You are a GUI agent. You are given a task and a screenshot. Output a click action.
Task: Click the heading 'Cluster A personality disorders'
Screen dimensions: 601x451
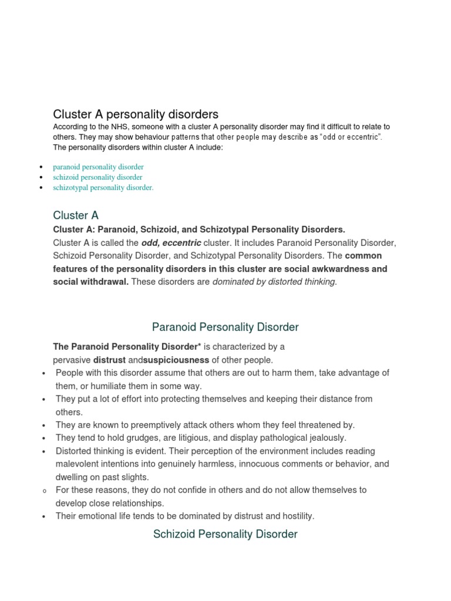pos(136,114)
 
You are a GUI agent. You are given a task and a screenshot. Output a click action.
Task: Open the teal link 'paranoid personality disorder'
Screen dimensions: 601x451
pos(98,167)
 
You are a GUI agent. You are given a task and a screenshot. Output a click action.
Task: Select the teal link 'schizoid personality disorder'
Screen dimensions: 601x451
pos(97,177)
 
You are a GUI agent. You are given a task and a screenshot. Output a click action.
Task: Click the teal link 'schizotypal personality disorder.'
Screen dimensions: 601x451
pos(103,187)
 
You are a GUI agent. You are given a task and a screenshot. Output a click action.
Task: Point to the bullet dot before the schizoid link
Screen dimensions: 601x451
pos(40,177)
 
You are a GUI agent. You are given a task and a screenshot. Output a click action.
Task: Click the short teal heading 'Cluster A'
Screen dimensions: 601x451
pos(76,215)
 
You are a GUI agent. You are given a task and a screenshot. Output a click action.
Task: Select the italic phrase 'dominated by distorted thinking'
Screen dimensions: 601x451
pos(274,282)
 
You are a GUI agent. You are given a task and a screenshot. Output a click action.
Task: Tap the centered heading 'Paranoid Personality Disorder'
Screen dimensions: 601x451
pos(225,327)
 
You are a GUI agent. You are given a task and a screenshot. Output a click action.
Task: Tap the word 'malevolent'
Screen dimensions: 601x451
pos(77,464)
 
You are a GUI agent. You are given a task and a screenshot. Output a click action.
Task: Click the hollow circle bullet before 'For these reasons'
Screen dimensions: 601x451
pos(45,491)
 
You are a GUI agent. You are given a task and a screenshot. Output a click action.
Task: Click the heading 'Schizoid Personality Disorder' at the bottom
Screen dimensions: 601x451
pos(225,534)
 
